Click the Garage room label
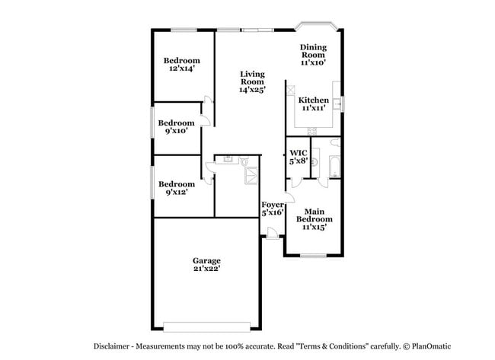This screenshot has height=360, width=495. [206, 261]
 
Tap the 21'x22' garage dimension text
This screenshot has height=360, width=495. [207, 269]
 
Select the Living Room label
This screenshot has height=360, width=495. [252, 78]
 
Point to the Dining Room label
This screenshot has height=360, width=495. [313, 51]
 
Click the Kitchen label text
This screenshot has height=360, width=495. [314, 100]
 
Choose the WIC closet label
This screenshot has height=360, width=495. [299, 153]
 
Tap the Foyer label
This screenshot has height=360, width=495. [273, 205]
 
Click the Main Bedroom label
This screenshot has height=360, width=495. [314, 215]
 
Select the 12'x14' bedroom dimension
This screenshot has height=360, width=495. [181, 68]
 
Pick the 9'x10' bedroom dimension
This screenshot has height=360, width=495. [177, 131]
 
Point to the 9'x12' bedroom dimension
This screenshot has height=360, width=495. [177, 192]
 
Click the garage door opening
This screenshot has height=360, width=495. [207, 327]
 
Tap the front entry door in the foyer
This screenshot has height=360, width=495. [272, 233]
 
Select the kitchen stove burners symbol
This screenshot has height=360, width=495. [312, 131]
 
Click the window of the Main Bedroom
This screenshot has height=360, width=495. [313, 255]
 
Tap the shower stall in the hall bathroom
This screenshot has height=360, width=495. [251, 176]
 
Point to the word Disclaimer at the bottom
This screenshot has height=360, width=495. [111, 346]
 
